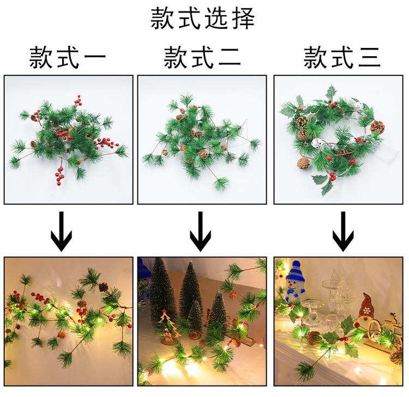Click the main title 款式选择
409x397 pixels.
click(203, 18)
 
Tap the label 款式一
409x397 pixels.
click(68, 57)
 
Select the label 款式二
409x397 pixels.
click(202, 57)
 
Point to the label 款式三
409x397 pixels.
click(342, 57)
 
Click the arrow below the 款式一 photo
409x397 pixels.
click(61, 231)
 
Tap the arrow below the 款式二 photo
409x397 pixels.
click(200, 231)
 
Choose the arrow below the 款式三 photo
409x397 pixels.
click(343, 231)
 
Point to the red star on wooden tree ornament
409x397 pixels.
click(164, 311)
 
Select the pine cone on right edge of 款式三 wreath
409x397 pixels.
click(377, 127)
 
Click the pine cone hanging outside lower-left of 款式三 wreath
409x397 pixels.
click(302, 163)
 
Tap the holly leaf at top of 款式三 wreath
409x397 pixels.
click(331, 93)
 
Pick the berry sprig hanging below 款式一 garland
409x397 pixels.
click(60, 173)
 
